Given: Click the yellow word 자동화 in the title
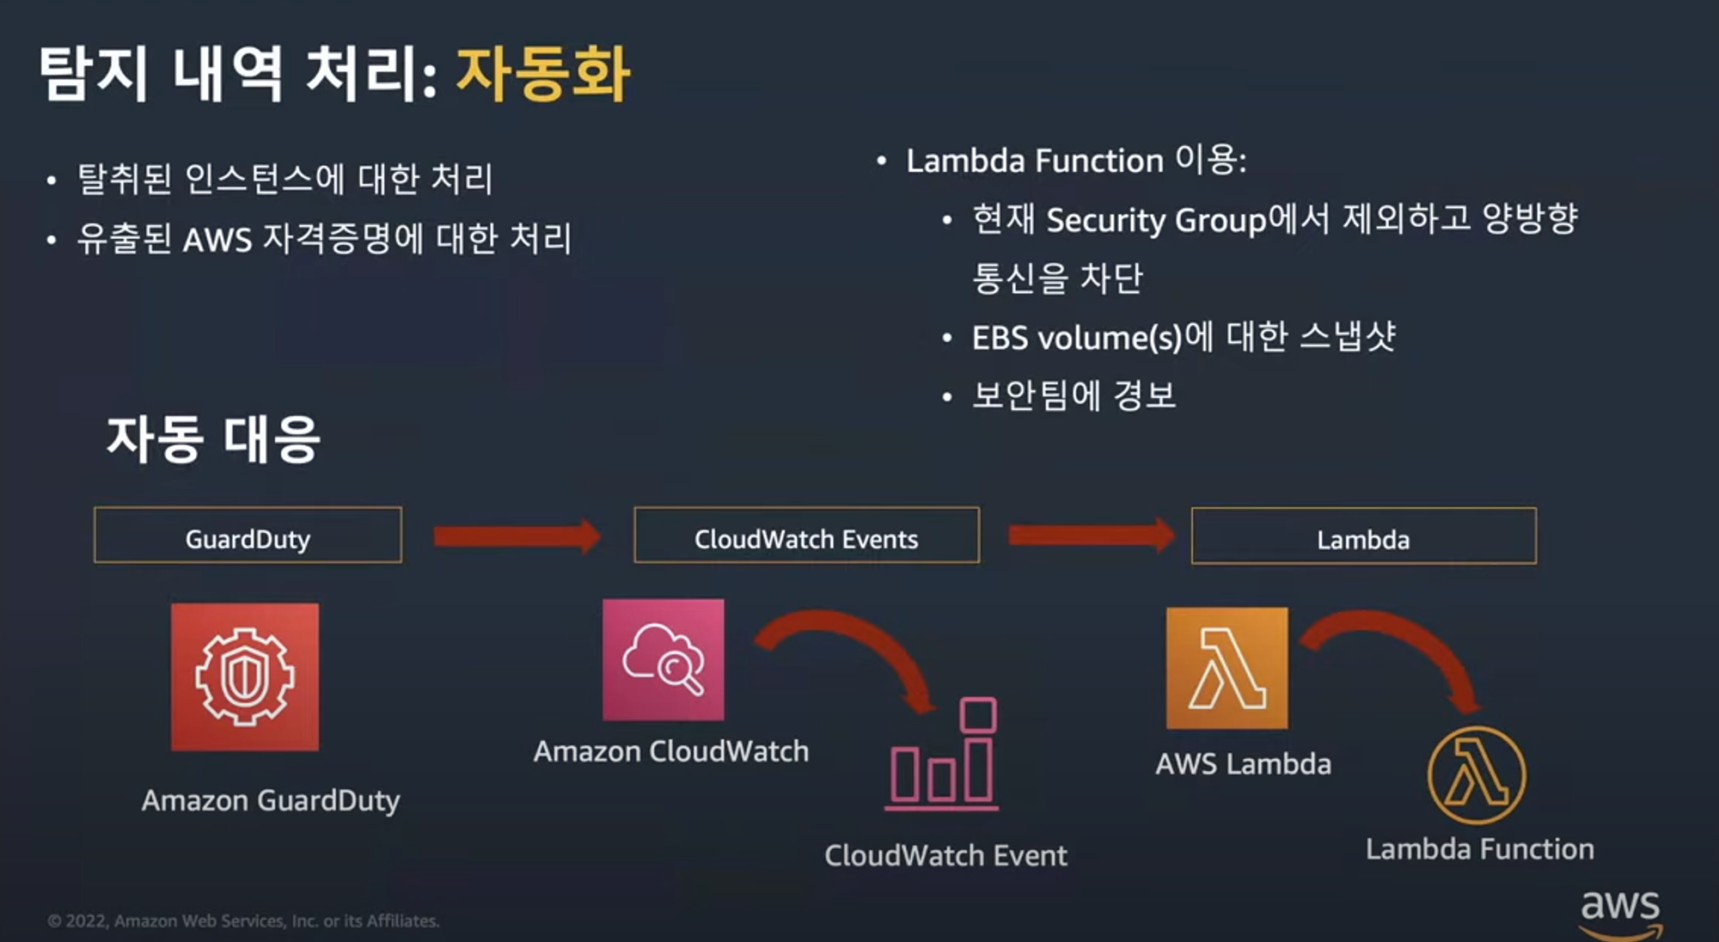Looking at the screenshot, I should point(543,74).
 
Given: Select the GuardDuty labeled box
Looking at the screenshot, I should point(248,535).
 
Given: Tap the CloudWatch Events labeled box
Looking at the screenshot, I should point(806,535).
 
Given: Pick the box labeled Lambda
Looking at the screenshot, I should point(1363,536).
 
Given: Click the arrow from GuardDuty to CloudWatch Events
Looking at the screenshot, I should point(517,536).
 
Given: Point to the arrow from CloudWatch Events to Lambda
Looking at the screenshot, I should point(1091,535).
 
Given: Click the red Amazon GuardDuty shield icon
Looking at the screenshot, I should point(245,676).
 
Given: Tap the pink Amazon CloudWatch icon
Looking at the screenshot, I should point(664,659).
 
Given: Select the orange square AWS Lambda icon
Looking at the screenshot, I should point(1227,668).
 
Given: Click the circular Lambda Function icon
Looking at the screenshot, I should point(1477,775).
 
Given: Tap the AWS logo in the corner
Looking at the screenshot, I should point(1620,913).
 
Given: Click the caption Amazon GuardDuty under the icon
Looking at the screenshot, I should point(271,800).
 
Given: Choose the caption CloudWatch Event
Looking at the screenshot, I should point(945,855).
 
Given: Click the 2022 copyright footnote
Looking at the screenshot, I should point(243,921).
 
